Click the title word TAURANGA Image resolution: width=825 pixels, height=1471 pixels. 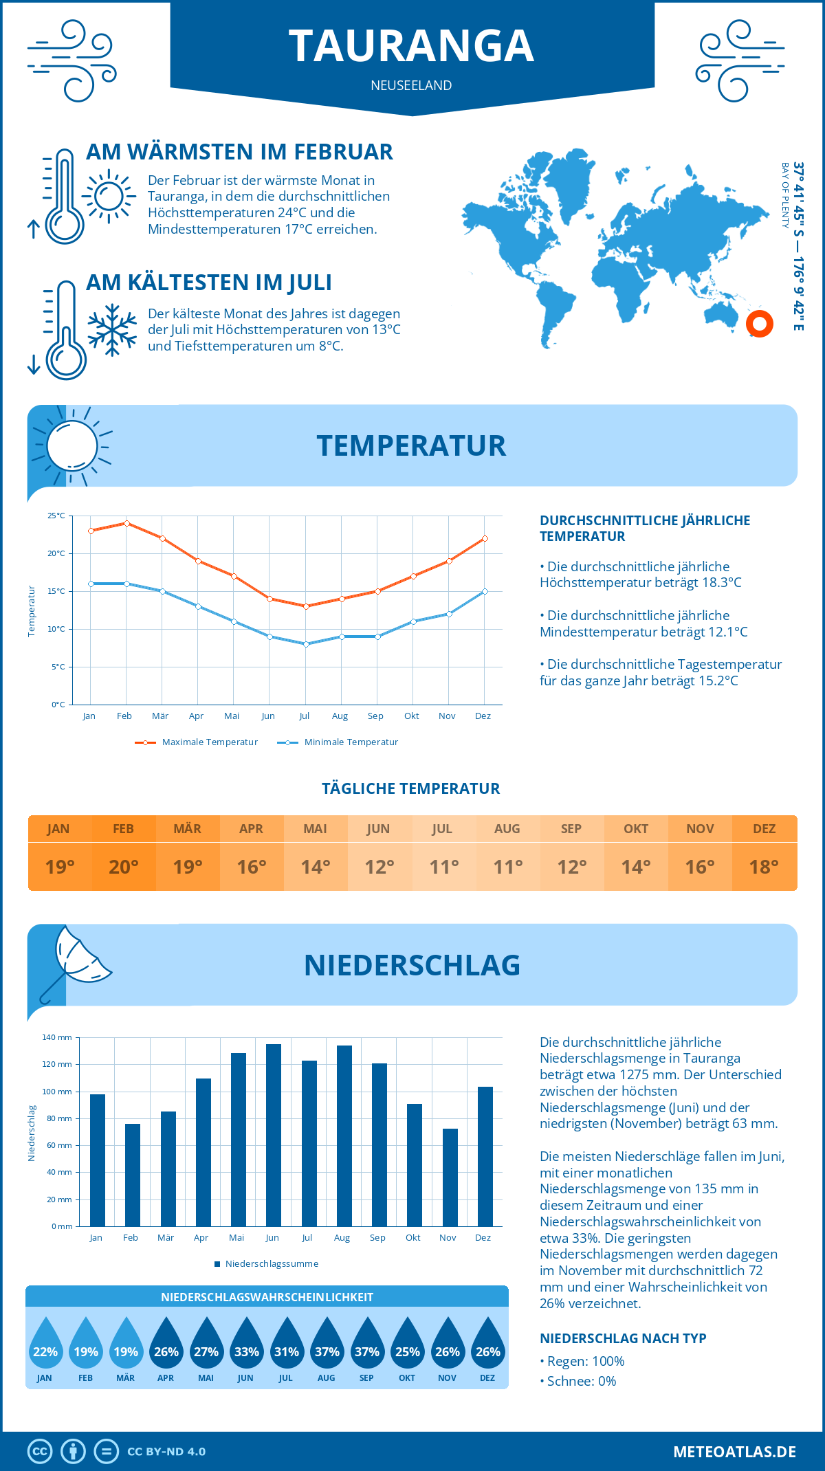click(411, 46)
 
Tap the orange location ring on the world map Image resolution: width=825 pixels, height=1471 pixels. click(760, 323)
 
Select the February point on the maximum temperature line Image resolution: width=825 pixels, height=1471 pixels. click(126, 523)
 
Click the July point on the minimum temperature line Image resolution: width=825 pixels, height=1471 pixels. click(306, 644)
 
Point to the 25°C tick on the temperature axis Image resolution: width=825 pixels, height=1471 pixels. click(56, 516)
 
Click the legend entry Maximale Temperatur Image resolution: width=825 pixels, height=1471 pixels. click(210, 742)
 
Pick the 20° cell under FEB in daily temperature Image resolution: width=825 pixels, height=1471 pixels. click(124, 867)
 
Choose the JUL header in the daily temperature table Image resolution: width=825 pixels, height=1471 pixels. click(442, 829)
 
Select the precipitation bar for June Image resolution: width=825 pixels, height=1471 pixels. click(274, 1135)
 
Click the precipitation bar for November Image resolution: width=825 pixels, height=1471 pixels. click(450, 1177)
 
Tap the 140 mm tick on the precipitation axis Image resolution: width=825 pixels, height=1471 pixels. click(57, 1037)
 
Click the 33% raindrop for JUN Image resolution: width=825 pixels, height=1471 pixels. click(246, 1345)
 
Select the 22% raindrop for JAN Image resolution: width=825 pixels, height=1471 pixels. click(45, 1345)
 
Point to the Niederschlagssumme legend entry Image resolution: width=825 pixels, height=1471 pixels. click(271, 1264)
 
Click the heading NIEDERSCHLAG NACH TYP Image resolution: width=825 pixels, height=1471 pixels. click(623, 1338)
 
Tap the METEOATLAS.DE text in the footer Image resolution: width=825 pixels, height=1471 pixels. click(734, 1452)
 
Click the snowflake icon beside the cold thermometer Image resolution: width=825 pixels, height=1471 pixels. click(112, 330)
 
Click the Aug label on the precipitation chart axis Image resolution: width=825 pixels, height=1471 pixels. click(342, 1238)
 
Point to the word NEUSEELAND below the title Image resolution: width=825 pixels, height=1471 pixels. click(411, 85)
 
